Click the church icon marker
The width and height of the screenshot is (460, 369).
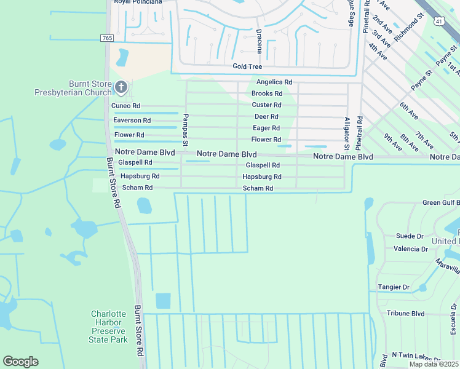point(121,87)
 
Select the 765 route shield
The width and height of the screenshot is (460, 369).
point(107,38)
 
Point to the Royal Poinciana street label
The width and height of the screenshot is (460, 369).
point(138,2)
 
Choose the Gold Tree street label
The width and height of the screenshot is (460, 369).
point(247,66)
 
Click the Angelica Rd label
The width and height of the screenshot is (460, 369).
point(274,82)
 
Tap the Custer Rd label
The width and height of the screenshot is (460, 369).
point(266,105)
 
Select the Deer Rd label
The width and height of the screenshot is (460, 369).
point(266,116)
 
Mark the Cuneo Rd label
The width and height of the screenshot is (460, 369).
point(125,106)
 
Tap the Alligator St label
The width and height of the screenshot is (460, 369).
point(347,133)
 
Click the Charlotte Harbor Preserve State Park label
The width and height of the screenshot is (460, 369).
point(109,327)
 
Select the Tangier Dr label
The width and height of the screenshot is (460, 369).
point(394,287)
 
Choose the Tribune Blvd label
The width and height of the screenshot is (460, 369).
point(405,313)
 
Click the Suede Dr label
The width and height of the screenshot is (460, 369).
point(410,236)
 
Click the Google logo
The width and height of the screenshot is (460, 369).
point(20,362)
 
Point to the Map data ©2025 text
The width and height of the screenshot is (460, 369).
point(434,364)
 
